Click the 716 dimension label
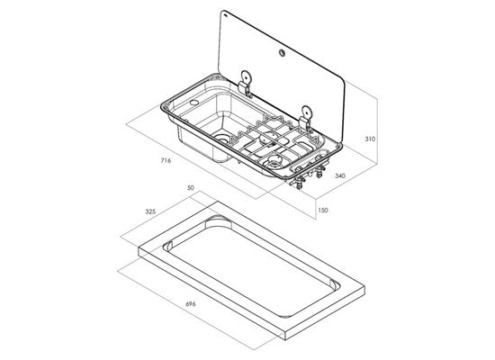pyautogui.click(x=166, y=160)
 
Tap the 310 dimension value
pyautogui.click(x=370, y=139)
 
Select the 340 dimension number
pyautogui.click(x=339, y=175)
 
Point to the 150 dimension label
pyautogui.click(x=322, y=210)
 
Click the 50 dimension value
pyautogui.click(x=191, y=187)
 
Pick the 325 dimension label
pyautogui.click(x=150, y=211)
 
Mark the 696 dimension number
pyautogui.click(x=191, y=304)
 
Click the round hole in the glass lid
pyautogui.click(x=282, y=53)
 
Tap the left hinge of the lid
pyautogui.click(x=246, y=84)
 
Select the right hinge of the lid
pyautogui.click(x=306, y=119)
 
